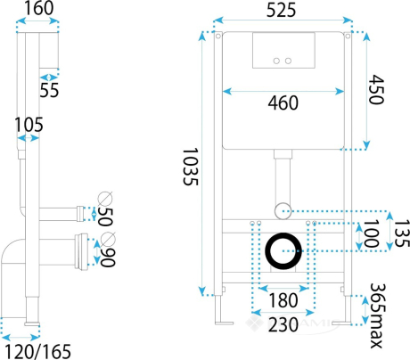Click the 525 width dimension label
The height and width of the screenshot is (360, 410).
pyautogui.click(x=281, y=10)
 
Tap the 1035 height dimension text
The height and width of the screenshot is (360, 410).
pyautogui.click(x=190, y=167)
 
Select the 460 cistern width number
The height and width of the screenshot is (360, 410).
pyautogui.click(x=283, y=102)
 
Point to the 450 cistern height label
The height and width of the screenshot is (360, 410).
pyautogui.click(x=376, y=89)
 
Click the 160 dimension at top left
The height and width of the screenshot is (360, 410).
pyautogui.click(x=38, y=8)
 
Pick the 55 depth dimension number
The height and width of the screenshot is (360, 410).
pyautogui.click(x=49, y=90)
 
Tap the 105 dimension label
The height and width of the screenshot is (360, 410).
pyautogui.click(x=29, y=125)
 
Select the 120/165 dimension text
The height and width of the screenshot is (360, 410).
pyautogui.click(x=38, y=352)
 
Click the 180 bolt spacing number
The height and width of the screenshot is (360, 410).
pyautogui.click(x=283, y=300)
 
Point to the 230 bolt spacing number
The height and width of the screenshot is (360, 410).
pyautogui.click(x=283, y=324)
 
